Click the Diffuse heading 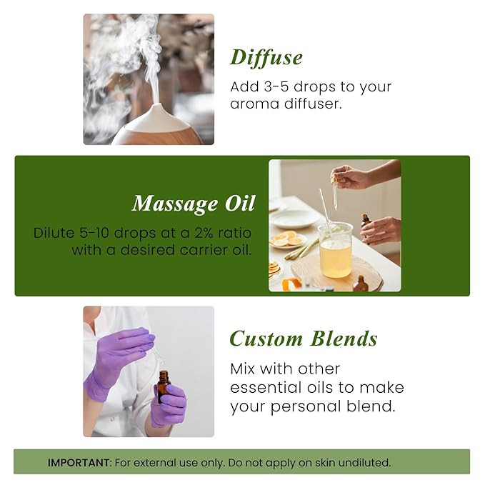[266, 57]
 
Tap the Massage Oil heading [193, 204]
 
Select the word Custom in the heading [266, 338]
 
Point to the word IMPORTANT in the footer [79, 462]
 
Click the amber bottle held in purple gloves [164, 386]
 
